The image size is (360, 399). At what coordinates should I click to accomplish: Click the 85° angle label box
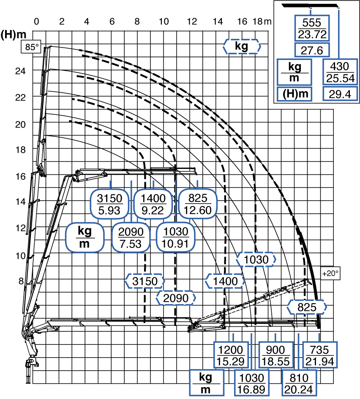tap(31, 47)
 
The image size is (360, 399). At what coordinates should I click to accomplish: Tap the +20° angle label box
tap(330, 273)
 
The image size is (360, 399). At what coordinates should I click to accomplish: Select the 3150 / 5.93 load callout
tap(110, 204)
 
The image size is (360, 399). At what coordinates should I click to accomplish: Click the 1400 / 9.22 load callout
tap(153, 204)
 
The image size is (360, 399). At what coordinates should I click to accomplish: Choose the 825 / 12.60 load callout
tap(198, 204)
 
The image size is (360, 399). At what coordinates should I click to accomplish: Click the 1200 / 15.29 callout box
tap(231, 355)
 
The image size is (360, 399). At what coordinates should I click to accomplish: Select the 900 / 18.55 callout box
tap(276, 355)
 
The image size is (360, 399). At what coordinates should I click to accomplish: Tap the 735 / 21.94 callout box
tap(320, 355)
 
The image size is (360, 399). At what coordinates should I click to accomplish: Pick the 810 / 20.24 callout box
tap(299, 383)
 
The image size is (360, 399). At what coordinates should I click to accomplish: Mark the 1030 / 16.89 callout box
tap(251, 383)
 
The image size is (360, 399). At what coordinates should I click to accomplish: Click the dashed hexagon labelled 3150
tap(145, 281)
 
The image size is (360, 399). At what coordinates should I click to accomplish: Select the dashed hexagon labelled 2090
tap(176, 298)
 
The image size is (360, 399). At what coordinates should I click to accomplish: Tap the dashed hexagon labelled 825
tap(307, 307)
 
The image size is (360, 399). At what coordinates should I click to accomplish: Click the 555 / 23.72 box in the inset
tap(312, 28)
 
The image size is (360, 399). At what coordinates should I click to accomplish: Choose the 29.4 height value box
tap(340, 94)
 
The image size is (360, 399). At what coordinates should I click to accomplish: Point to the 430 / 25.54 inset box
tap(340, 72)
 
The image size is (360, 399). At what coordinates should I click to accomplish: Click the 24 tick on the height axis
tap(20, 71)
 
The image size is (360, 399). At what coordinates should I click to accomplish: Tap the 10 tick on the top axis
tap(164, 22)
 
